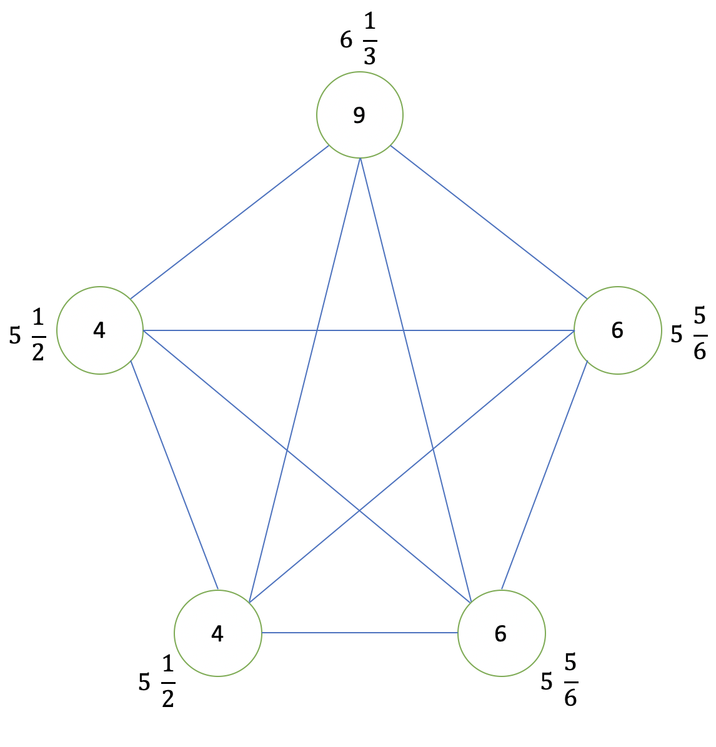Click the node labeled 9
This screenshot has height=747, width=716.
pos(360,115)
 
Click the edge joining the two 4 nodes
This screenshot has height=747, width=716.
pos(174,475)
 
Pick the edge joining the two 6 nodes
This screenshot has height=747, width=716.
pos(544,475)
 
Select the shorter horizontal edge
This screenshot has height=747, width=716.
pos(360,633)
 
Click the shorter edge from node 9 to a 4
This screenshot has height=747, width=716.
pos(229,222)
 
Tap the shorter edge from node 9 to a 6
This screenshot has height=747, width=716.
pos(489,222)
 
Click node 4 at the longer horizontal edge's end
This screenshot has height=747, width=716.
pos(100,330)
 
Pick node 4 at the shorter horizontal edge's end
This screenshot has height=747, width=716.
pos(217,633)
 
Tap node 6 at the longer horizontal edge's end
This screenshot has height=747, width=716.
pos(617,330)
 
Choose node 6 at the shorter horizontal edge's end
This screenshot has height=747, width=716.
pos(501,633)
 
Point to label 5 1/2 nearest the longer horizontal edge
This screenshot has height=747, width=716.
pos(28,335)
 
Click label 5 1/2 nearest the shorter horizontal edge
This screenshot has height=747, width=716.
pos(157,682)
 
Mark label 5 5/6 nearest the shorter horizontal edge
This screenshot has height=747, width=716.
pos(559,681)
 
